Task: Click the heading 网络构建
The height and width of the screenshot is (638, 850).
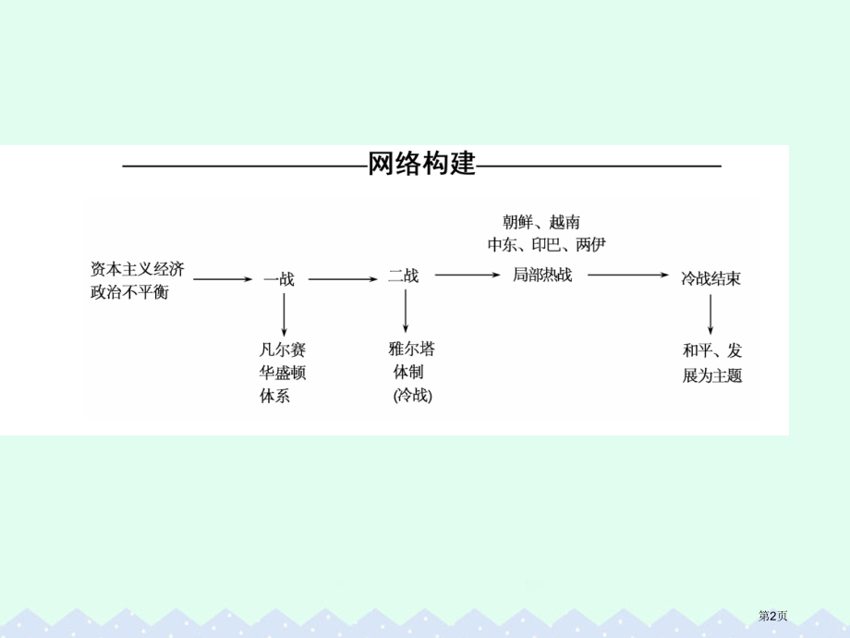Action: pyautogui.click(x=421, y=165)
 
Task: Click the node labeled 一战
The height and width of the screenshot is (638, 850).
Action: pyautogui.click(x=279, y=278)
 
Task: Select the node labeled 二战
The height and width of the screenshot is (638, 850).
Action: pyautogui.click(x=403, y=276)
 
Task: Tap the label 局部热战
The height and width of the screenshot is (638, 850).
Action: pyautogui.click(x=542, y=275)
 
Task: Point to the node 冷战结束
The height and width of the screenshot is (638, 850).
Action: pyautogui.click(x=710, y=277)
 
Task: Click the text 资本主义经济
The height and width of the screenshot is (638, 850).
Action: pyautogui.click(x=137, y=268)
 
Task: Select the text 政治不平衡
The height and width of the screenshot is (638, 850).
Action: pyautogui.click(x=129, y=293)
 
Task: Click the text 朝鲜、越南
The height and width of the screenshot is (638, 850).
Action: pyautogui.click(x=541, y=221)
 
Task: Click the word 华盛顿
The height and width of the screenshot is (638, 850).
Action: pyautogui.click(x=283, y=374)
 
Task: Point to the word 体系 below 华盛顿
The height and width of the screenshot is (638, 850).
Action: pyautogui.click(x=274, y=398)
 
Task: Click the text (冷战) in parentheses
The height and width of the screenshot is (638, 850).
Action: pyautogui.click(x=412, y=396)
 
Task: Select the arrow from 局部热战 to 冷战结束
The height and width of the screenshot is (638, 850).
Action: pyautogui.click(x=627, y=275)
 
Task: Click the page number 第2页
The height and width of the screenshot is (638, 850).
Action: pyautogui.click(x=772, y=614)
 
